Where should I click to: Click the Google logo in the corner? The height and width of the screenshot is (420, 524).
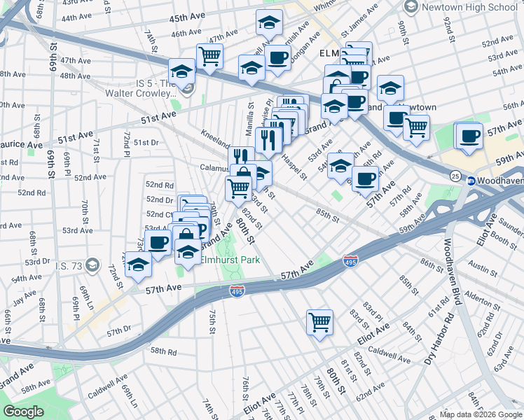(x=23, y=411)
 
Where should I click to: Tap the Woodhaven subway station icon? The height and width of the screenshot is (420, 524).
(x=471, y=181)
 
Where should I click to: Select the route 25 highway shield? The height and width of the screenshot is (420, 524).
(x=455, y=175)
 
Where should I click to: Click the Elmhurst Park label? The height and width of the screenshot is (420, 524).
(x=230, y=260)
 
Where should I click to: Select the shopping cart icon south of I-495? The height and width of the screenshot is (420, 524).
(x=319, y=323)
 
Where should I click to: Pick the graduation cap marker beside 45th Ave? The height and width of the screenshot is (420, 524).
(x=269, y=23)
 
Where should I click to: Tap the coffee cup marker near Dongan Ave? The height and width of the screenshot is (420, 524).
(x=278, y=57)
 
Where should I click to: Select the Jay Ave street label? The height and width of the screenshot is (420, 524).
(x=24, y=295)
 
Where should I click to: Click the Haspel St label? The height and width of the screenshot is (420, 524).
(x=295, y=167)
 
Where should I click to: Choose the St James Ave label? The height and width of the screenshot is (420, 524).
(x=359, y=29)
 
